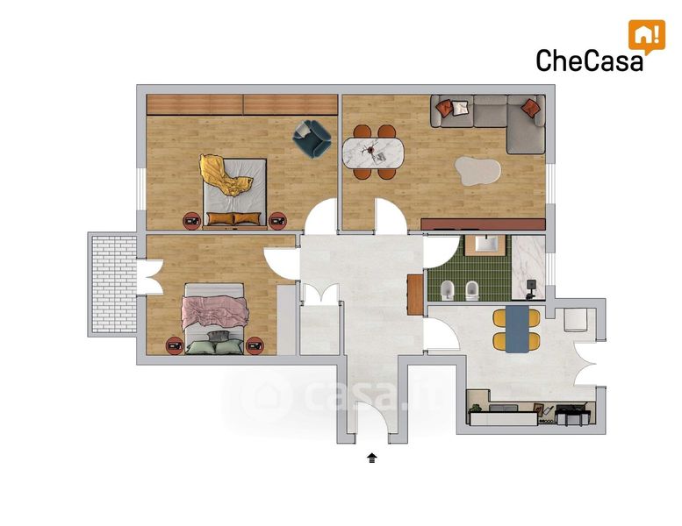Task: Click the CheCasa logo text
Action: coord(589,60)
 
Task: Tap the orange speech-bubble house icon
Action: coord(647,37)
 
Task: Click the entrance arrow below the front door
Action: coord(372,458)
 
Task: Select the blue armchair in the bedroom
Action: coord(312,139)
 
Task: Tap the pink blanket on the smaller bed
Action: coord(215,311)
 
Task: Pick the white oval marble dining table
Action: coord(373,153)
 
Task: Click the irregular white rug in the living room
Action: coord(477,171)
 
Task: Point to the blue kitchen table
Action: coord(517,330)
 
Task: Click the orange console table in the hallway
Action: coord(415,295)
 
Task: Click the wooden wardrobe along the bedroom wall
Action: coord(242,104)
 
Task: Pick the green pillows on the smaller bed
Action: coord(214,346)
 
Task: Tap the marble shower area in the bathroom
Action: coord(528,267)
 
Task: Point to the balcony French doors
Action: coord(149,277)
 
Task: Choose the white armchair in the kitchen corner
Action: coord(576,320)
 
